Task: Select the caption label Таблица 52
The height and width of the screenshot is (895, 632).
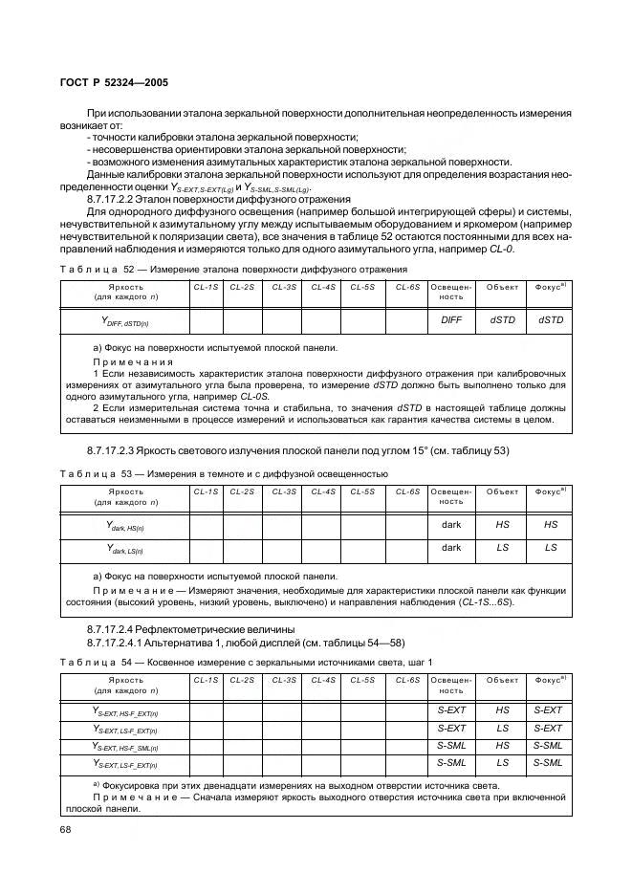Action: click(92, 270)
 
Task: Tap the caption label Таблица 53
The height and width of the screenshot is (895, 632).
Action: click(92, 473)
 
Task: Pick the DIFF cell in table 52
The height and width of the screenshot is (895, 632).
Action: click(450, 320)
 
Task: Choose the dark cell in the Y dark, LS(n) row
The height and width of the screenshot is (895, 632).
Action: click(450, 548)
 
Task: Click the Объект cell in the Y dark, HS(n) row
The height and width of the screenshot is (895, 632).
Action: click(502, 525)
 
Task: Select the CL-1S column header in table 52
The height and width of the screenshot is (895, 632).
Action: click(206, 287)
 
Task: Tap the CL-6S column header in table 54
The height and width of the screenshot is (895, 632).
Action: click(408, 680)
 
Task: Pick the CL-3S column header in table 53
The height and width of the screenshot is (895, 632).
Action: click(284, 491)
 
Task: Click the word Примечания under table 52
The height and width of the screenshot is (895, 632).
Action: click(133, 362)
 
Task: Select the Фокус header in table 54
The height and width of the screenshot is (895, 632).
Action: click(550, 680)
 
